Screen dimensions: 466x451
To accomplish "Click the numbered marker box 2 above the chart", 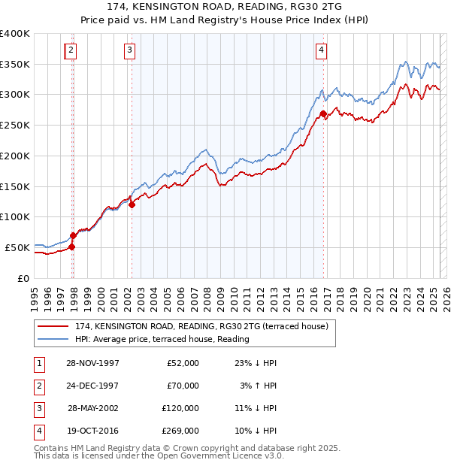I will (71, 50).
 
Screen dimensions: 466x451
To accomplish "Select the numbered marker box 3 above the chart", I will (130, 50).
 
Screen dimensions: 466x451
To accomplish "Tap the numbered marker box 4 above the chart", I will (321, 50).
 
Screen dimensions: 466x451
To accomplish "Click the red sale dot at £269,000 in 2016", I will (323, 114).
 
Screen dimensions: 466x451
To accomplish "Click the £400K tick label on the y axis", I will (15, 34).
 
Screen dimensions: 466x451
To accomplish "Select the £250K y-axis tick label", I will (15, 126).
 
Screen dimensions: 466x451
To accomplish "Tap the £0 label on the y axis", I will (23, 278).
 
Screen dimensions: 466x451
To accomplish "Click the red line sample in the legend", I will (53, 327).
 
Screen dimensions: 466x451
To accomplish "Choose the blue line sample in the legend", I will (53, 339).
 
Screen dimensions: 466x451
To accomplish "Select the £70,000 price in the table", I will (183, 386).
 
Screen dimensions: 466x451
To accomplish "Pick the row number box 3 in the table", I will (38, 408).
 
